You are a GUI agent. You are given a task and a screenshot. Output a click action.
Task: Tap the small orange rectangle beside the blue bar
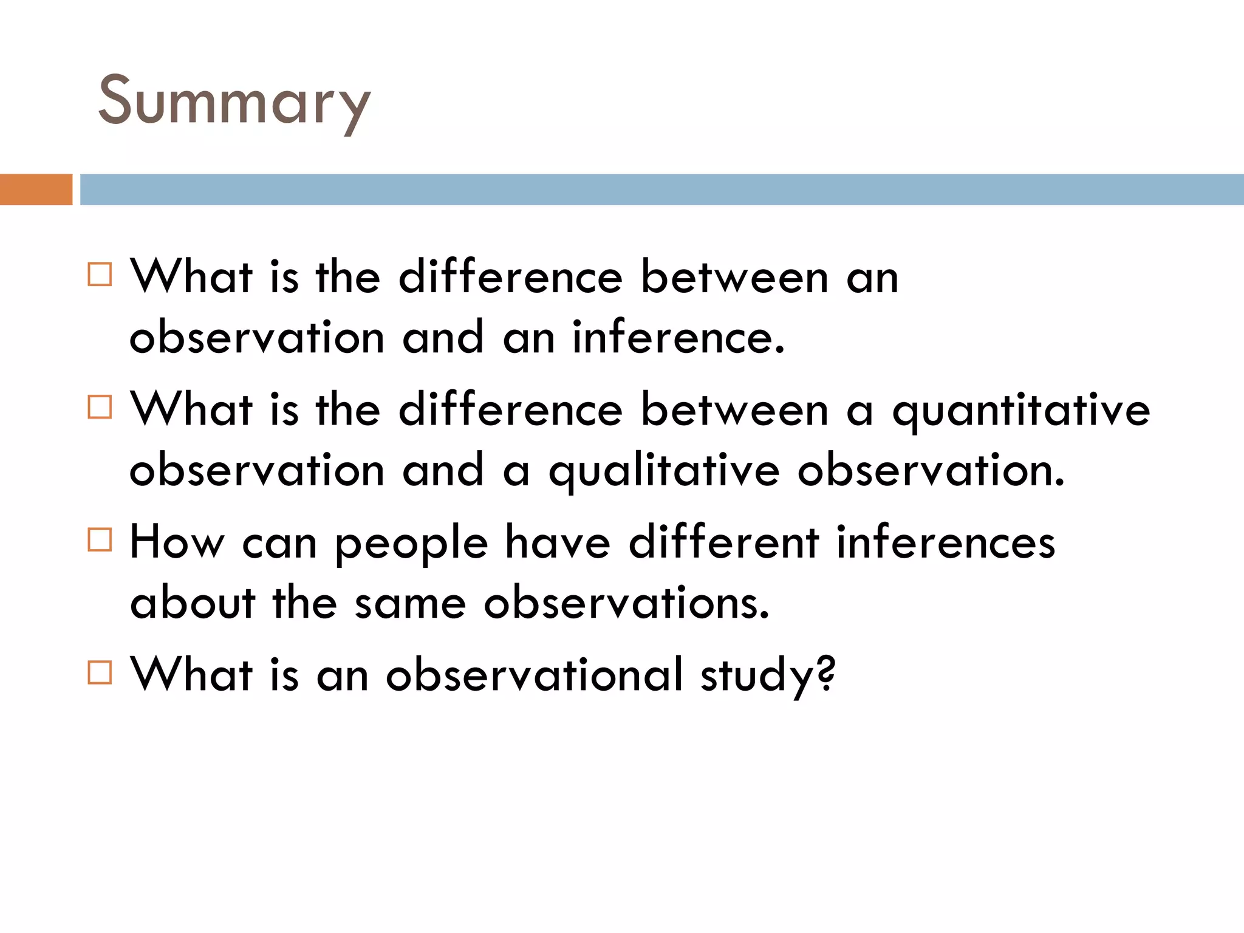point(36,190)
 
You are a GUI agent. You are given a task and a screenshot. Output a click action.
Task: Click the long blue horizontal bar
point(661,190)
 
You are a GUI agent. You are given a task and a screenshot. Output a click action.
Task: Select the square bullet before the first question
point(100,275)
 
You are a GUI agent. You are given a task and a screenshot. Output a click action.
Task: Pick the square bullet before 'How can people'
point(100,539)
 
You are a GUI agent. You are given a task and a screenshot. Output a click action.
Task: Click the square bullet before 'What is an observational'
point(100,672)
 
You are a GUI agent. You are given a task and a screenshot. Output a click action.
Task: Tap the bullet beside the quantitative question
point(100,407)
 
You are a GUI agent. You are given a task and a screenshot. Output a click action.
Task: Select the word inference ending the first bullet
point(678,338)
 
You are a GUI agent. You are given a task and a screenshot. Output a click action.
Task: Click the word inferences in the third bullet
point(945,542)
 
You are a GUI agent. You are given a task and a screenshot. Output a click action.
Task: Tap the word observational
point(535,674)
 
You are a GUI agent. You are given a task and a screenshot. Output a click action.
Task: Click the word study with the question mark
point(768,675)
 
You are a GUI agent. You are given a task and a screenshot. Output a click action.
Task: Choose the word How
point(177,542)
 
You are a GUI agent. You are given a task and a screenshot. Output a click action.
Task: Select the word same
point(410,604)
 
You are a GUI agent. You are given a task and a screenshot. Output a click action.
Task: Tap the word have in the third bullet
point(558,542)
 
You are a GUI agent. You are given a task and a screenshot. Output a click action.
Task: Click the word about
point(193,603)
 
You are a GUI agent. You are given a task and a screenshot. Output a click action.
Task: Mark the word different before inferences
point(723,542)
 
